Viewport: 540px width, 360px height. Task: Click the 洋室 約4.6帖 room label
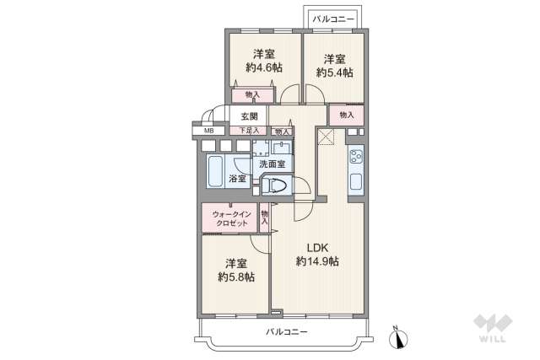point(264,61)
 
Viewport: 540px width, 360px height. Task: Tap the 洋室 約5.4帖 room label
point(334,66)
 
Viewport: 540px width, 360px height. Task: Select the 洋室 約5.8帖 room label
point(236,270)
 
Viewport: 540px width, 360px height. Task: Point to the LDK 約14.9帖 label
point(317,255)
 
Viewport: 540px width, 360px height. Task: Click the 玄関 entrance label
point(249,116)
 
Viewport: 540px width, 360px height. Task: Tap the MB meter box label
point(208,131)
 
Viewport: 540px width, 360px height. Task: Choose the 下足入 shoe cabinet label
point(249,131)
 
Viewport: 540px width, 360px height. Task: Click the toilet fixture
point(274,185)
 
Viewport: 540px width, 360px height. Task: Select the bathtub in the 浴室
point(215,171)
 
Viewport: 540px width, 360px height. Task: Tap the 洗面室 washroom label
point(272,164)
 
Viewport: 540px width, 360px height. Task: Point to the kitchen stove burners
point(355,157)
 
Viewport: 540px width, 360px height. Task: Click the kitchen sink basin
point(356,181)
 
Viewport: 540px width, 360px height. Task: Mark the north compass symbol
point(398,337)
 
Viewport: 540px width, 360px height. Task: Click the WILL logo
point(493,328)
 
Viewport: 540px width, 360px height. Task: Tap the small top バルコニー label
point(333,19)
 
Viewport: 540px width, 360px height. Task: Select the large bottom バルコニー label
point(287,332)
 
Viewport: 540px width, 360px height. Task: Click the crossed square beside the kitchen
point(326,137)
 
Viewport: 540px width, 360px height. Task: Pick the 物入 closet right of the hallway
point(347,115)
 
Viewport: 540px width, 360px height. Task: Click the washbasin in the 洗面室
point(282,148)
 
